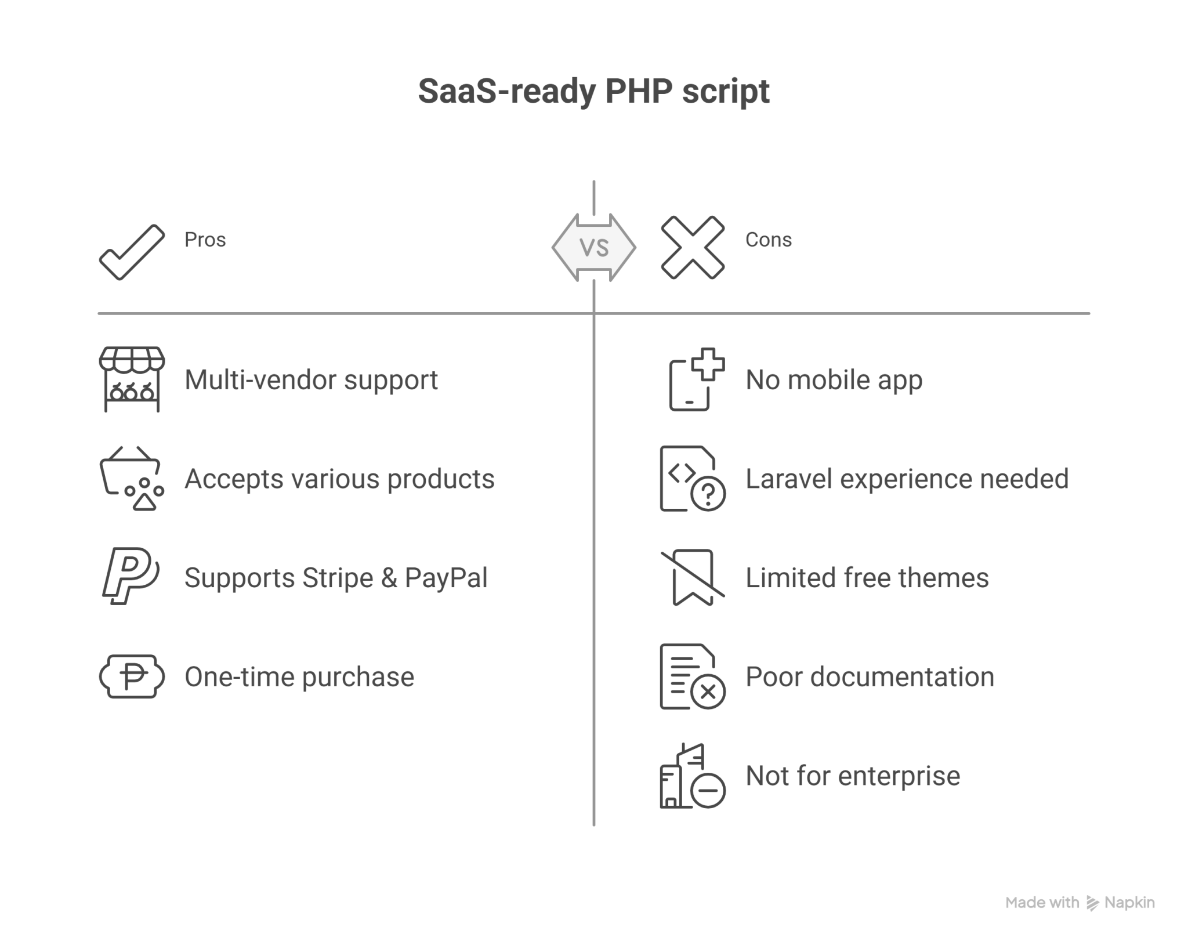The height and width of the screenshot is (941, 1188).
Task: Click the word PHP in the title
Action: click(638, 92)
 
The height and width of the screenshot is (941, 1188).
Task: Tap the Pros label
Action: click(205, 240)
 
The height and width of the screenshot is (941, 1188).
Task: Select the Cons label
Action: click(768, 240)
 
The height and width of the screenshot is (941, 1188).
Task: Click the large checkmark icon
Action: click(132, 252)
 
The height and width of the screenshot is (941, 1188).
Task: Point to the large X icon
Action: click(693, 248)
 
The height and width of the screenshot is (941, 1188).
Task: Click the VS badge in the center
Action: click(594, 248)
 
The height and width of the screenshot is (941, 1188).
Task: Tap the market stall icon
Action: click(132, 379)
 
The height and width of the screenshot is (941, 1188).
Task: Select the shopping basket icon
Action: click(132, 479)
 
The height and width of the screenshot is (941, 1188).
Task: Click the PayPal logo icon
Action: click(131, 576)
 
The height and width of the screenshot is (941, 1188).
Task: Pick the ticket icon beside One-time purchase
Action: click(132, 676)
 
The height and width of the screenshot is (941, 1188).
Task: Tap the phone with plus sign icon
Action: click(696, 379)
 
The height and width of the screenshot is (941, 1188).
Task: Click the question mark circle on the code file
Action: click(708, 494)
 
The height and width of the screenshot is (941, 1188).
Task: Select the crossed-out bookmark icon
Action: click(693, 577)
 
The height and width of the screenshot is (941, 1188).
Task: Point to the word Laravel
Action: click(781, 479)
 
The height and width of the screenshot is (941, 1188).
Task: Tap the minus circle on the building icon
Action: click(708, 790)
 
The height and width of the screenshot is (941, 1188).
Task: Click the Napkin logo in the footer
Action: click(1093, 903)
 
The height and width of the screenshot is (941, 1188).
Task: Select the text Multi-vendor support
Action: click(311, 380)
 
